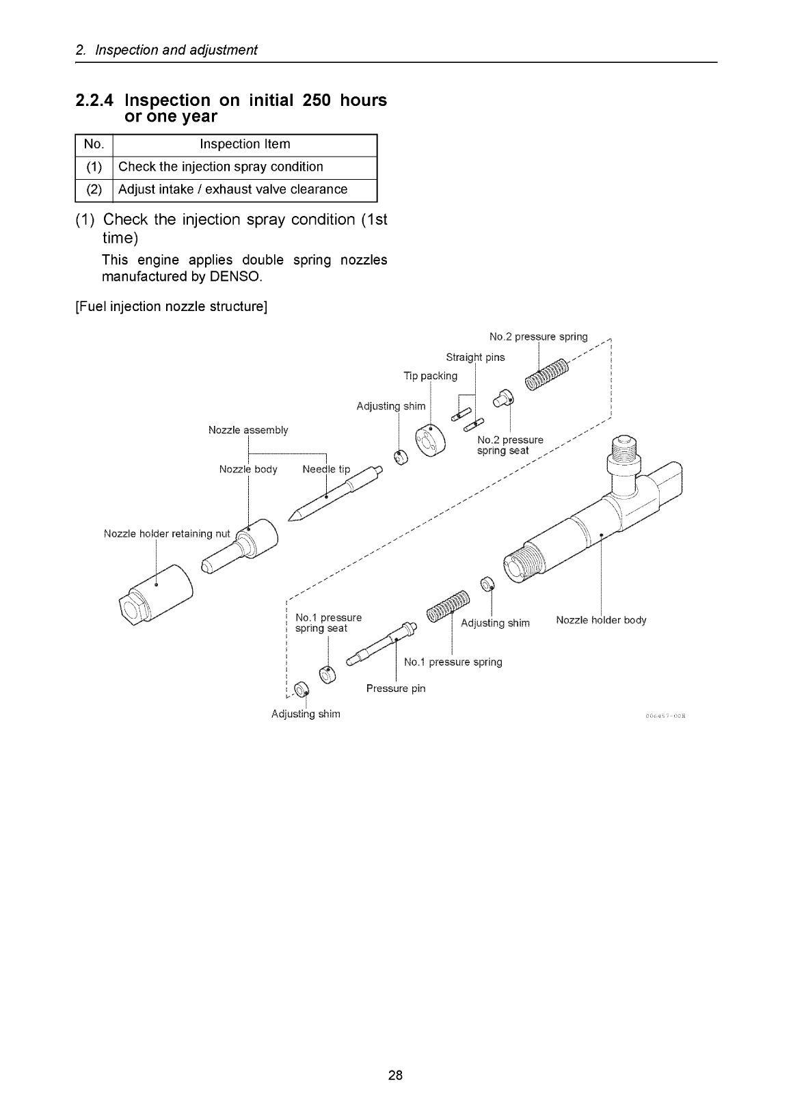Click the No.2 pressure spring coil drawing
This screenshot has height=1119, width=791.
(x=547, y=375)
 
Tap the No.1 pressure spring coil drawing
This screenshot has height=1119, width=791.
(x=448, y=606)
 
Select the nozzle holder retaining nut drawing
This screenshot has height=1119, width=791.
(x=156, y=595)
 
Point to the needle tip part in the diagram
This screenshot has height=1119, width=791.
(x=335, y=493)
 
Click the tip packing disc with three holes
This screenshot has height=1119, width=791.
(x=430, y=440)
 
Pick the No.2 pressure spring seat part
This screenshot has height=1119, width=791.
(x=503, y=399)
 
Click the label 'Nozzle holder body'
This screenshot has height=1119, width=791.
(x=601, y=620)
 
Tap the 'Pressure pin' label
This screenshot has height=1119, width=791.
(x=396, y=688)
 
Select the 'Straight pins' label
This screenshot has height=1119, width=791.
(x=475, y=358)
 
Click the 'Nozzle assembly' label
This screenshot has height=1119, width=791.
(x=248, y=430)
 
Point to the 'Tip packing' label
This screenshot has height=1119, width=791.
(x=430, y=376)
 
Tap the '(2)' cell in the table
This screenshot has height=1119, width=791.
(x=94, y=189)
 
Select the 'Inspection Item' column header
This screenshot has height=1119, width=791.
(x=245, y=144)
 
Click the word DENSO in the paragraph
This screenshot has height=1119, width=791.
(x=234, y=277)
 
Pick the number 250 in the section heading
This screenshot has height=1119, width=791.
(x=317, y=100)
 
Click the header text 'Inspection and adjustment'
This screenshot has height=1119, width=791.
(x=176, y=50)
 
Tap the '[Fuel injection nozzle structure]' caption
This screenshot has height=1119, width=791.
(x=172, y=307)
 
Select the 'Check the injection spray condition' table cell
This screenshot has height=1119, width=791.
(x=221, y=167)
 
